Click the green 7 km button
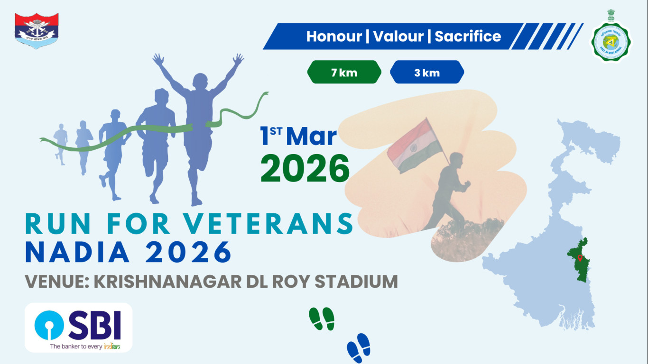(344, 73)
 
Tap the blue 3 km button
(426, 73)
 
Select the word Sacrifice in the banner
(468, 36)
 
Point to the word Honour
(334, 36)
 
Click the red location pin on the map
(580, 258)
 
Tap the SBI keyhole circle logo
(49, 325)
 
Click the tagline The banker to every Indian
(85, 346)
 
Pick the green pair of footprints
(322, 318)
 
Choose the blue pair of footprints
(359, 348)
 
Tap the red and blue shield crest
(37, 31)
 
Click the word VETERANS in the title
(269, 224)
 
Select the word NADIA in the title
(77, 253)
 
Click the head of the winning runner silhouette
(200, 80)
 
